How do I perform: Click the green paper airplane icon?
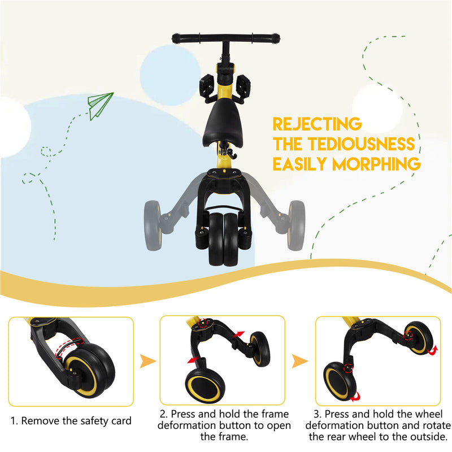[100, 105]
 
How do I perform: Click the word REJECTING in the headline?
[316, 124]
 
